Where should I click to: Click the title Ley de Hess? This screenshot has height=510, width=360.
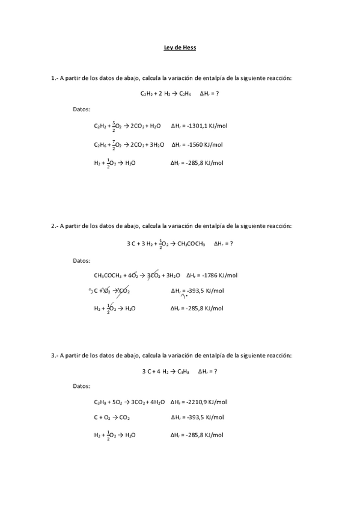pyautogui.click(x=180, y=48)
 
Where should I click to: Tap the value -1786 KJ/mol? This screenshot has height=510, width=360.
pyautogui.click(x=218, y=275)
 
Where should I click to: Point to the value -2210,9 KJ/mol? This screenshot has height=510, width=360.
pyautogui.click(x=206, y=402)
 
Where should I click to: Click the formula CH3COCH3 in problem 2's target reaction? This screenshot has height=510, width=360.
pyautogui.click(x=192, y=244)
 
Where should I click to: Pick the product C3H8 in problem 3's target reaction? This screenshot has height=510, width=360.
pyautogui.click(x=182, y=372)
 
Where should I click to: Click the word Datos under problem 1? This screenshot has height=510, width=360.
pyautogui.click(x=81, y=109)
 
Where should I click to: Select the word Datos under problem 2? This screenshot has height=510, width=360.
pyautogui.click(x=81, y=260)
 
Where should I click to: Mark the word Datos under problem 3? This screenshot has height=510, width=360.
pyautogui.click(x=81, y=386)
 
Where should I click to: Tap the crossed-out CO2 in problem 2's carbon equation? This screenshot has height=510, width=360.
pyautogui.click(x=123, y=291)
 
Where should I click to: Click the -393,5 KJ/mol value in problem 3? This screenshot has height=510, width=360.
pyautogui.click(x=204, y=417)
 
